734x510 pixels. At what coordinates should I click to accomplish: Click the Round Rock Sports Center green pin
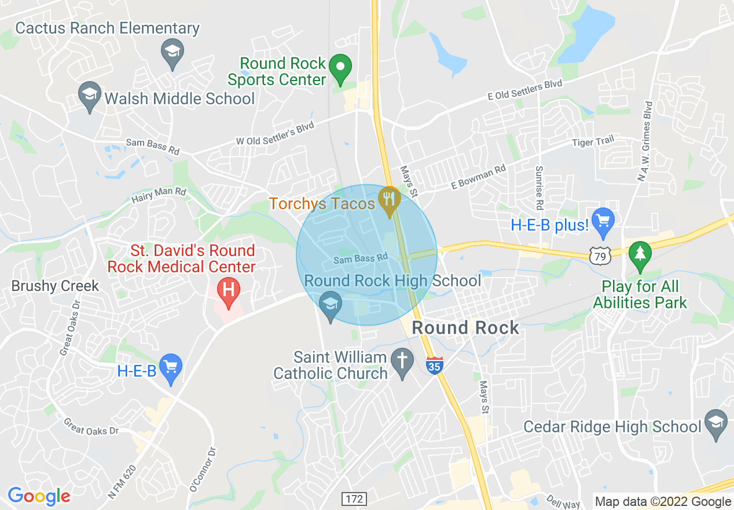tap(340, 68)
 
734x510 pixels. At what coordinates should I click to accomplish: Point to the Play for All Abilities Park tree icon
tap(640, 256)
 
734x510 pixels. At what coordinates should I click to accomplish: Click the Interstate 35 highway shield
tap(435, 366)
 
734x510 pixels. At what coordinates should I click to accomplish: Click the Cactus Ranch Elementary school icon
tap(172, 52)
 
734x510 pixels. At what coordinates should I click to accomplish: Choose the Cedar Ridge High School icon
tap(715, 425)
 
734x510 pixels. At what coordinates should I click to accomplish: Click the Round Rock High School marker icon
tap(331, 305)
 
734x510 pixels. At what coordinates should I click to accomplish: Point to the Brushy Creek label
tap(56, 286)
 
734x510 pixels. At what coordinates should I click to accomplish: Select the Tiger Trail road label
tap(592, 141)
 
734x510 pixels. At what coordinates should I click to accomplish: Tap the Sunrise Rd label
tap(539, 188)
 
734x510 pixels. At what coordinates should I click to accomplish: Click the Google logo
tap(39, 496)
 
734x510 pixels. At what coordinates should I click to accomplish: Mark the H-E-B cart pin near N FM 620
tap(170, 369)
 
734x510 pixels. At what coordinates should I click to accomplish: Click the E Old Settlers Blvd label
tap(525, 90)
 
